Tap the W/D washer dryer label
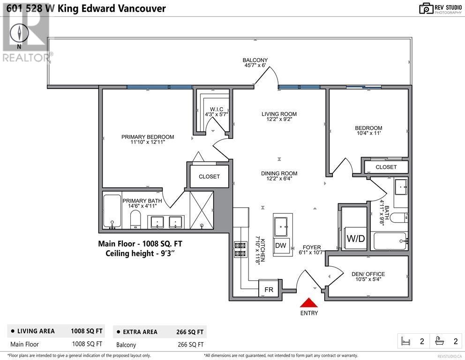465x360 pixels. point(356,239)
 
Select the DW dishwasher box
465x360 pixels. point(280,245)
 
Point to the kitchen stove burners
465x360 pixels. point(240,249)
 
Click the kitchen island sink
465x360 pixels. point(280,227)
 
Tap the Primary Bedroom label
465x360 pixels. point(148,137)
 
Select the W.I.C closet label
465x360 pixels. point(217,109)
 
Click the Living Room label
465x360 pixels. point(279,114)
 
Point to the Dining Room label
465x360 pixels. point(279,173)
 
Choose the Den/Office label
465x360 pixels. point(368,274)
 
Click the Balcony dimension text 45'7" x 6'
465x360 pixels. point(255,65)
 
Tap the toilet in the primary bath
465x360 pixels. point(135,219)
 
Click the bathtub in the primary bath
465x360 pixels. point(112,211)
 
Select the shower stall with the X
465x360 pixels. point(202,210)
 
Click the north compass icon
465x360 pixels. point(19,33)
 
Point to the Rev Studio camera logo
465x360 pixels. point(426,8)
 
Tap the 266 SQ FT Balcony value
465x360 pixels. point(191,345)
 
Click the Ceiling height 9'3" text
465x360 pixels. point(140,254)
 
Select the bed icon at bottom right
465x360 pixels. point(405,341)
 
